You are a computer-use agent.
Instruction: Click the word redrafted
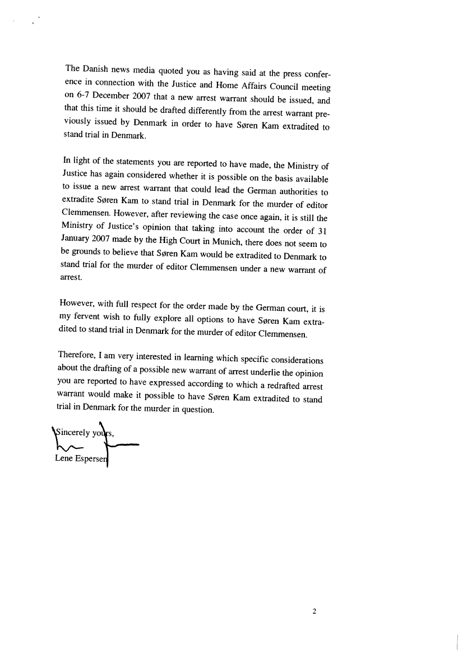pyautogui.click(x=283, y=387)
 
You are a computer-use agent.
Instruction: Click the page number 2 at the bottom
pyautogui.click(x=314, y=612)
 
